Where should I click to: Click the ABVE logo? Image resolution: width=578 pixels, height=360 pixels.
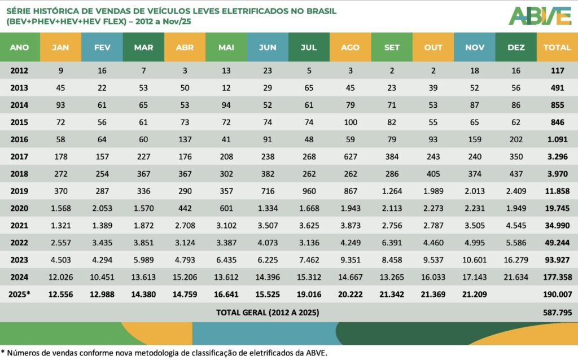coord(540,16)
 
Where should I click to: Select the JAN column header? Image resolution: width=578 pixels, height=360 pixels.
coord(60,47)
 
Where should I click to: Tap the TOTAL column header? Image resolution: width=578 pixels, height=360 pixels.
coord(557,47)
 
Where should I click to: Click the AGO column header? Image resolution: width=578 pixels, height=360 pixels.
coord(350,47)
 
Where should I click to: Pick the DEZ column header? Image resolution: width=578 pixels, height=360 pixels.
coord(516,47)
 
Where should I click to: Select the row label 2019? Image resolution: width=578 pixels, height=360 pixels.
coord(20,192)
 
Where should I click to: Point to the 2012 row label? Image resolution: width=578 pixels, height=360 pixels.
coord(20,71)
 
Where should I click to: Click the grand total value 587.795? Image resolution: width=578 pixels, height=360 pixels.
coord(557,312)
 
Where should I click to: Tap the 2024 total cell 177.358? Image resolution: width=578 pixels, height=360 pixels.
coord(557,278)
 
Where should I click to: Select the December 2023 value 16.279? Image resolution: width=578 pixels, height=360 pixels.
coord(516,260)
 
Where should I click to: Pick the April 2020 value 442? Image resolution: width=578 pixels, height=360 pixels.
coord(185,209)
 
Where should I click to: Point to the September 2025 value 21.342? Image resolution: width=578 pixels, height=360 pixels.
coord(392,295)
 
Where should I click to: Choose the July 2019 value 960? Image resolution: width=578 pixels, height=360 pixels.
coord(309,192)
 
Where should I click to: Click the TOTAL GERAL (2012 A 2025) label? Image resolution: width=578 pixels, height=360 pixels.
coord(268,312)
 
